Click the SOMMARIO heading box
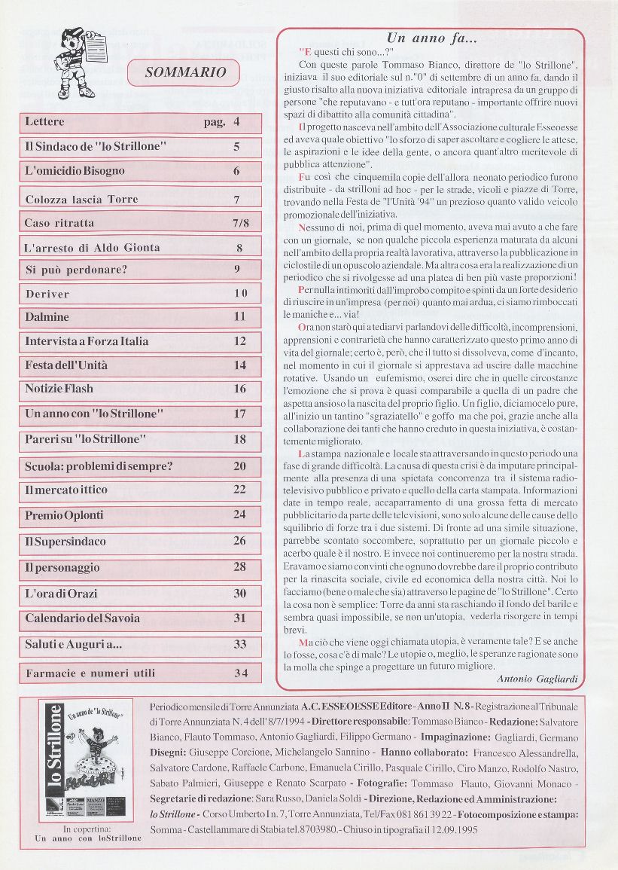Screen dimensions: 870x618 [x=185, y=72]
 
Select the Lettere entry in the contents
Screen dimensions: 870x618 [x=45, y=122]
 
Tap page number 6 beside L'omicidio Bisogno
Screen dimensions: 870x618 [x=236, y=171]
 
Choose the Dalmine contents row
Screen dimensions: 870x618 [x=47, y=317]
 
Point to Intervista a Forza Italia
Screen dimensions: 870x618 [x=87, y=341]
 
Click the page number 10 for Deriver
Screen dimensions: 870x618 [x=239, y=294]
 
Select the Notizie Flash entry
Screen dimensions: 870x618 [x=59, y=389]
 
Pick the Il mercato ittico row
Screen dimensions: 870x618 [x=66, y=490]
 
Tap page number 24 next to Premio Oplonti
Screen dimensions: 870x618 [x=239, y=515]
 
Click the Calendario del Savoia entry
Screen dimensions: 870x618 [x=83, y=618]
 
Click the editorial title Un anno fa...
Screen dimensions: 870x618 [x=431, y=38]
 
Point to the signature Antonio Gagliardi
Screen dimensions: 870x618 [x=537, y=679]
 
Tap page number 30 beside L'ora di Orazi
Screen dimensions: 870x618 [x=239, y=594]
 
